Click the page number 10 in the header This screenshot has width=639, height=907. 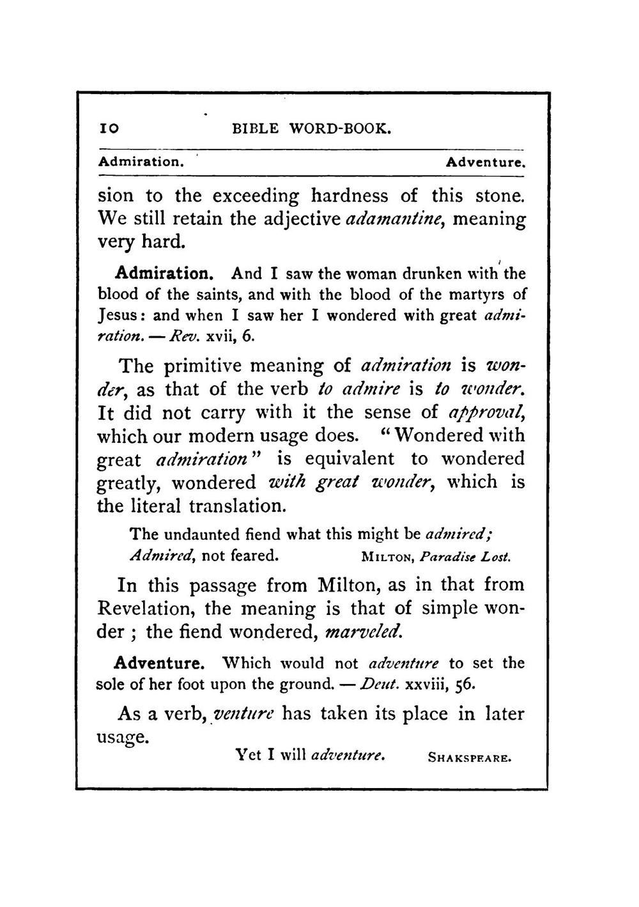tap(108, 128)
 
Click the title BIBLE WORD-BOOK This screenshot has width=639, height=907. tap(311, 128)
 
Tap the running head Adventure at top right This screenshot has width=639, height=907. tap(486, 162)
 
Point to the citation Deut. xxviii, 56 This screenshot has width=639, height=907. tap(415, 684)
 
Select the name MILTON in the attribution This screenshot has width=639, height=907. tap(387, 557)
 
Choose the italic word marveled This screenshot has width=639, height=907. tap(364, 632)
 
